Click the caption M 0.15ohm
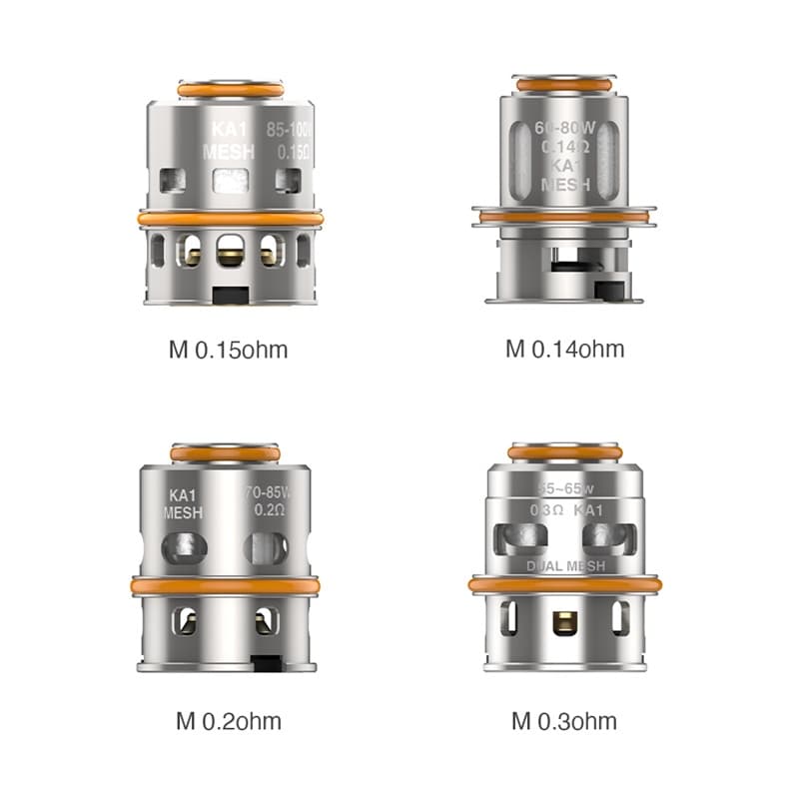[230, 350]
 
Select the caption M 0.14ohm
[564, 350]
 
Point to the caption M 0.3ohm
[564, 721]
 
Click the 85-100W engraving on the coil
[289, 130]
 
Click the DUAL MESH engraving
[565, 566]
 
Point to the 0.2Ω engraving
[266, 510]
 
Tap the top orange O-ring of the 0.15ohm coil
[230, 90]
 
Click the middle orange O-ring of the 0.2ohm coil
[225, 586]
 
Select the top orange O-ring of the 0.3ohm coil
[565, 452]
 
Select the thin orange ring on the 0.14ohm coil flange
[565, 215]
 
